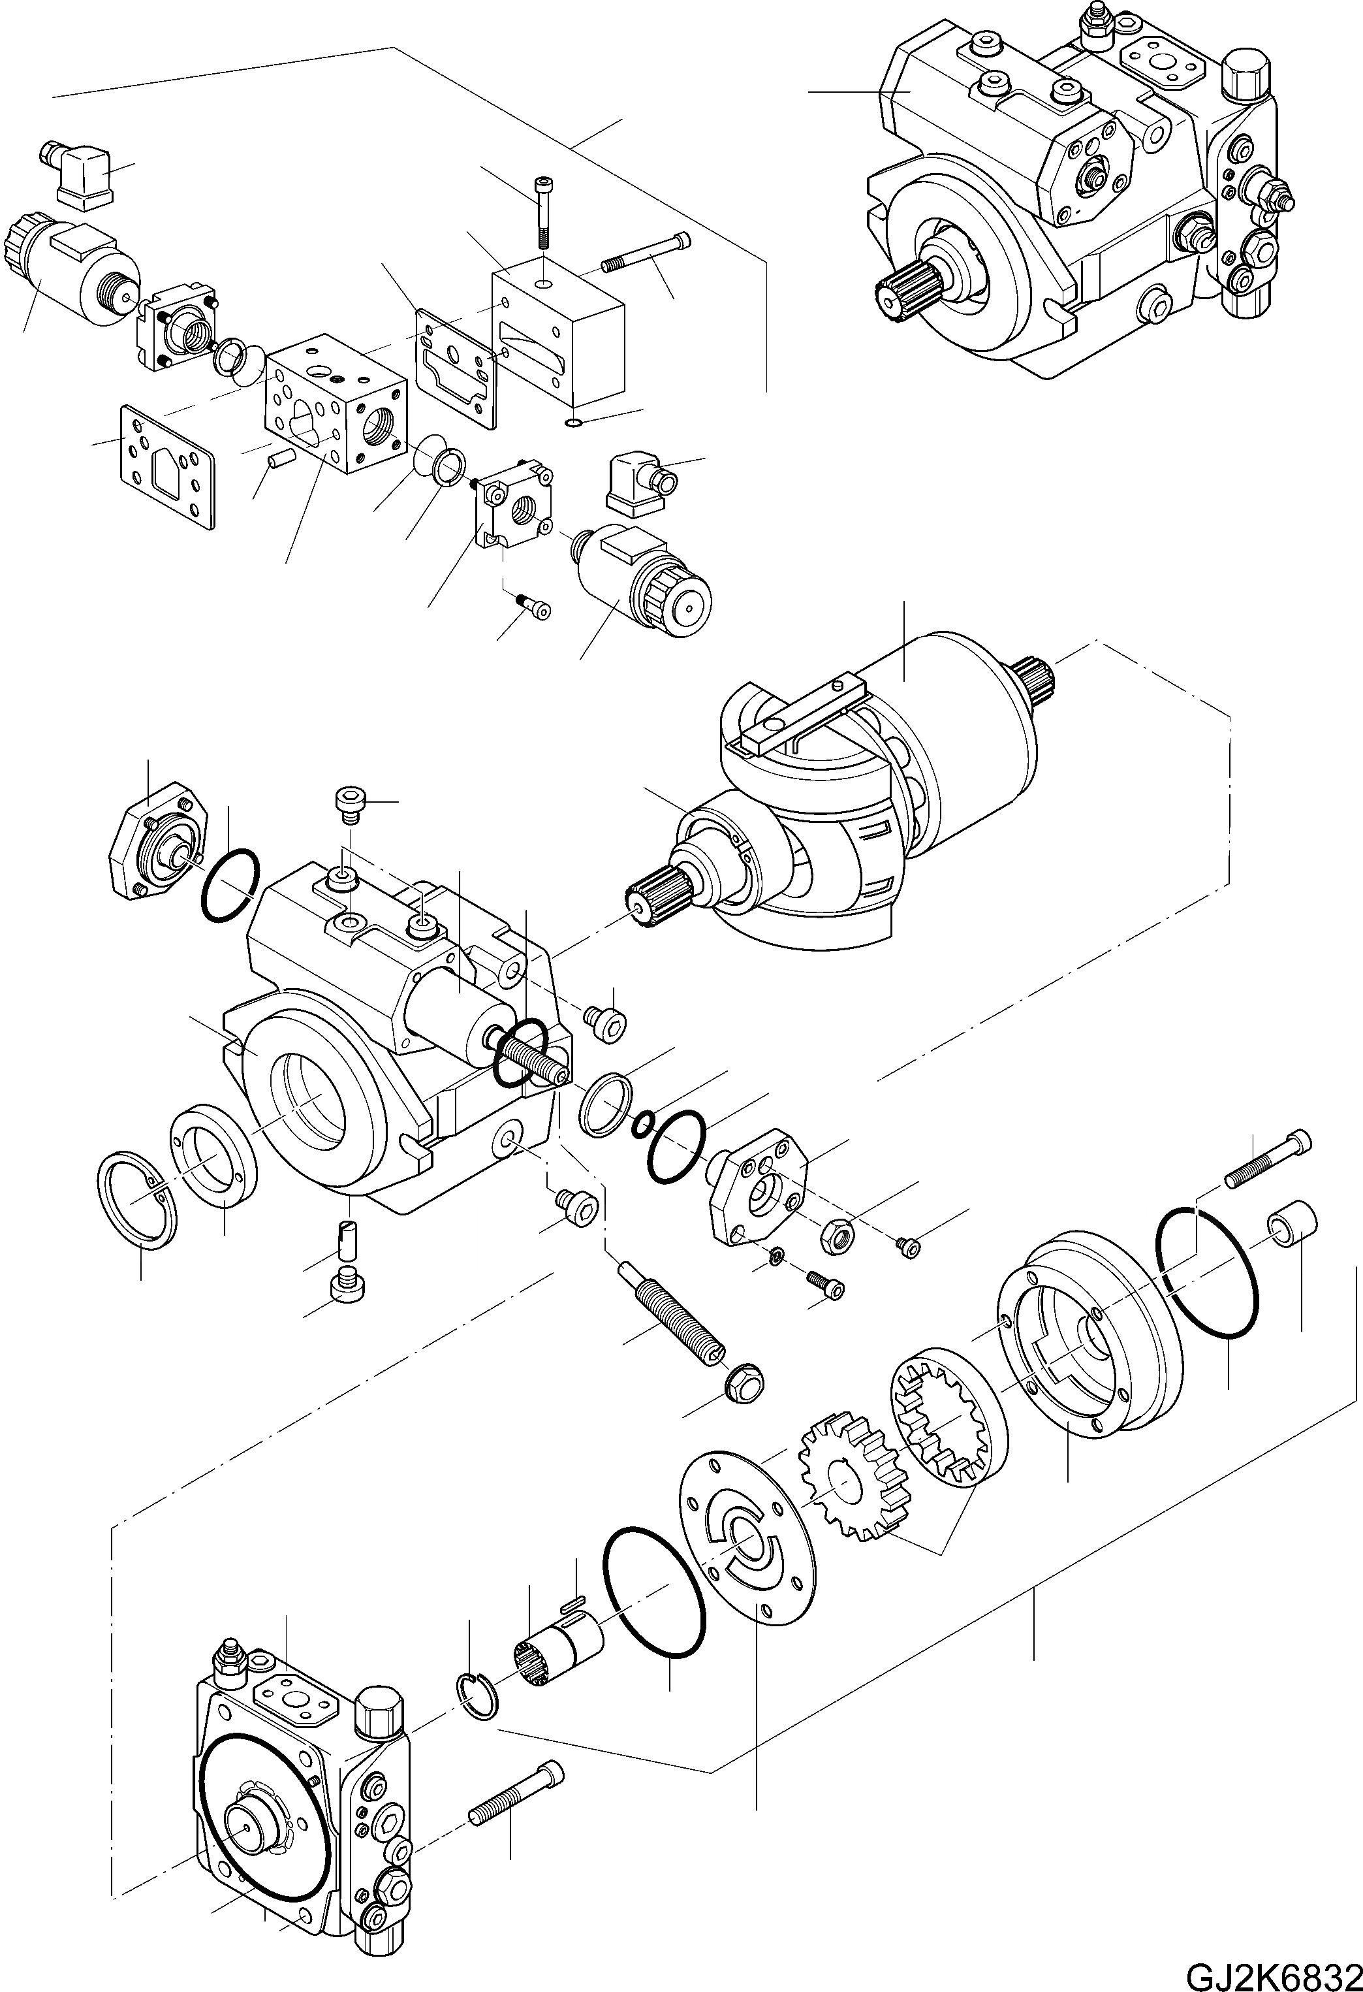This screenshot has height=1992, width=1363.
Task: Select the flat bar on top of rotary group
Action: pyautogui.click(x=801, y=707)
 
